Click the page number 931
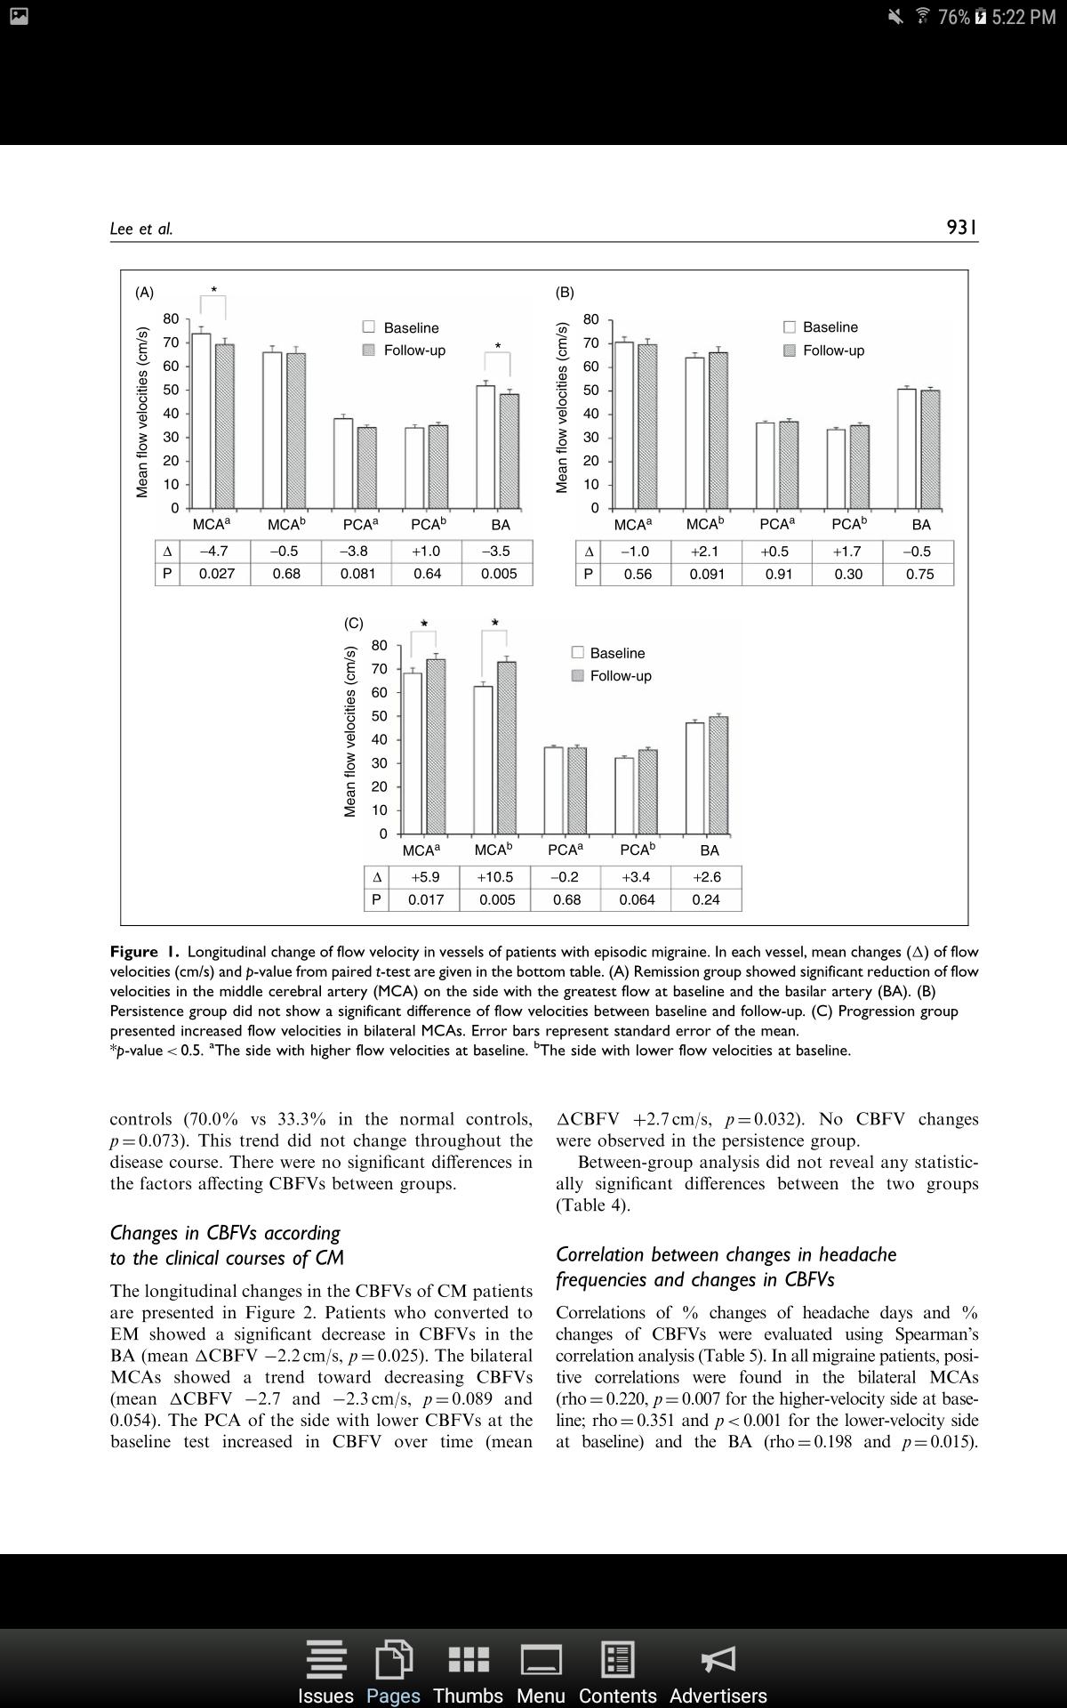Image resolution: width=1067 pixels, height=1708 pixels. point(961,228)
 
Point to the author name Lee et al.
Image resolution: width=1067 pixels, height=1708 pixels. point(141,229)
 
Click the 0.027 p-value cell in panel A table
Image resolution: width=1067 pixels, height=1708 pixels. point(216,574)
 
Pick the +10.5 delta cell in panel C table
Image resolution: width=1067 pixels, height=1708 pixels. point(495,877)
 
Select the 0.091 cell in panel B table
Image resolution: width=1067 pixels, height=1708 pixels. point(707,575)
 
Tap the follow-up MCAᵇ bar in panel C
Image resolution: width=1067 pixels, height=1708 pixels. point(507,747)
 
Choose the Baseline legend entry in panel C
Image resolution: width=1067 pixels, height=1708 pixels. point(608,653)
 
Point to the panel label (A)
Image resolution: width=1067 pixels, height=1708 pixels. point(144,292)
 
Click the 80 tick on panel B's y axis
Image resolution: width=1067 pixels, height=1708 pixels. point(591,318)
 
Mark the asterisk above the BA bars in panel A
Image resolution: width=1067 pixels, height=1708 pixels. point(498,347)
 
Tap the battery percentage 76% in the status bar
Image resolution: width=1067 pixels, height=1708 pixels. point(953,17)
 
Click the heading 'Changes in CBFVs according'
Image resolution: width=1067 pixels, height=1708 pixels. point(225,1233)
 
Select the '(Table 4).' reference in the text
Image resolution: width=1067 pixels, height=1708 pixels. point(592,1205)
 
